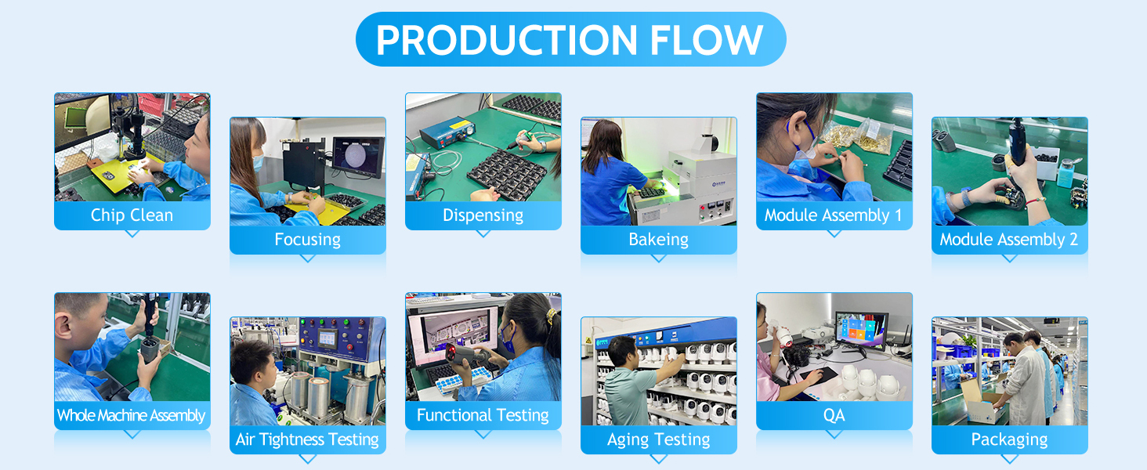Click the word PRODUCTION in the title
coord(507,40)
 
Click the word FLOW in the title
coord(707,40)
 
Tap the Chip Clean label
coord(132,215)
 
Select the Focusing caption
coord(308,240)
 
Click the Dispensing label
coord(483,215)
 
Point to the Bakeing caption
coord(658,240)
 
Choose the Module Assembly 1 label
coord(834,215)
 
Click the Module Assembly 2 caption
coord(1009,240)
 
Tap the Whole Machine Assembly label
coord(132,415)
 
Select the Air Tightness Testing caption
coord(307,439)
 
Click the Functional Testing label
coord(483,414)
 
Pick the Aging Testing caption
coord(658,439)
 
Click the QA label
coord(834,415)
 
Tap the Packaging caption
coord(1009,439)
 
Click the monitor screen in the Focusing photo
coord(357,155)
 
